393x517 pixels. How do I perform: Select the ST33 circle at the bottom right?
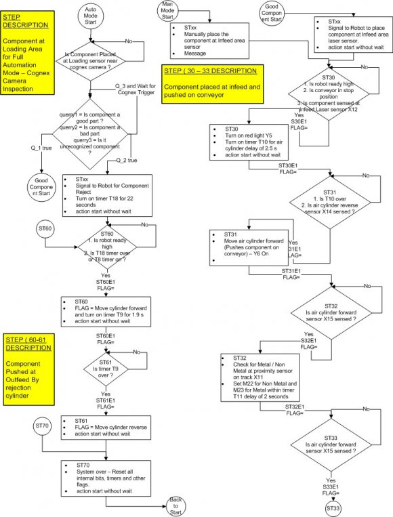click(333, 507)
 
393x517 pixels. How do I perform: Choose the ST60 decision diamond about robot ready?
click(107, 245)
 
